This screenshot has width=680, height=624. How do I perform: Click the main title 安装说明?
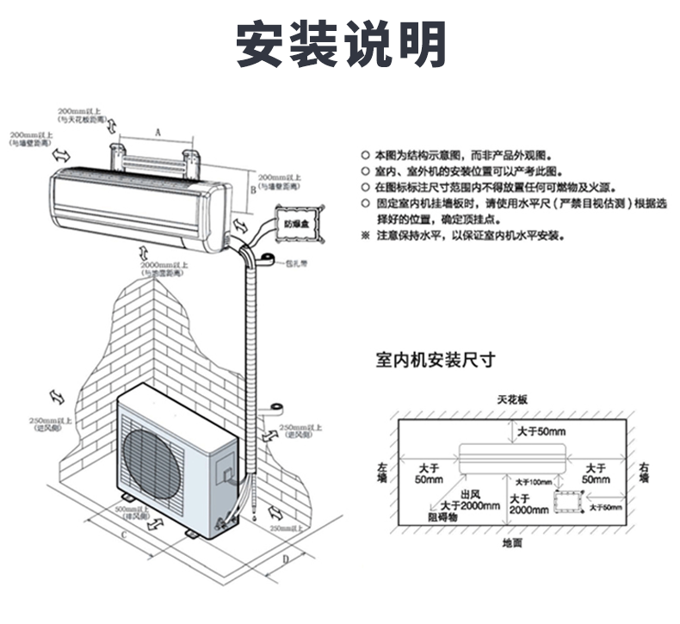(341, 43)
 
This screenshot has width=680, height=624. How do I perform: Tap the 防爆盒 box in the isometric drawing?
(297, 222)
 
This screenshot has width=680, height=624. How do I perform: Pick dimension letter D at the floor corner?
(285, 559)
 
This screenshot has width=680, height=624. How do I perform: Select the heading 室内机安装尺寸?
(435, 360)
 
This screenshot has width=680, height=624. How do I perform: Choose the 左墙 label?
(382, 473)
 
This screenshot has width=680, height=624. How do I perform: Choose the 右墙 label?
(644, 473)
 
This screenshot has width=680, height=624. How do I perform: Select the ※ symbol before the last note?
(365, 235)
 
